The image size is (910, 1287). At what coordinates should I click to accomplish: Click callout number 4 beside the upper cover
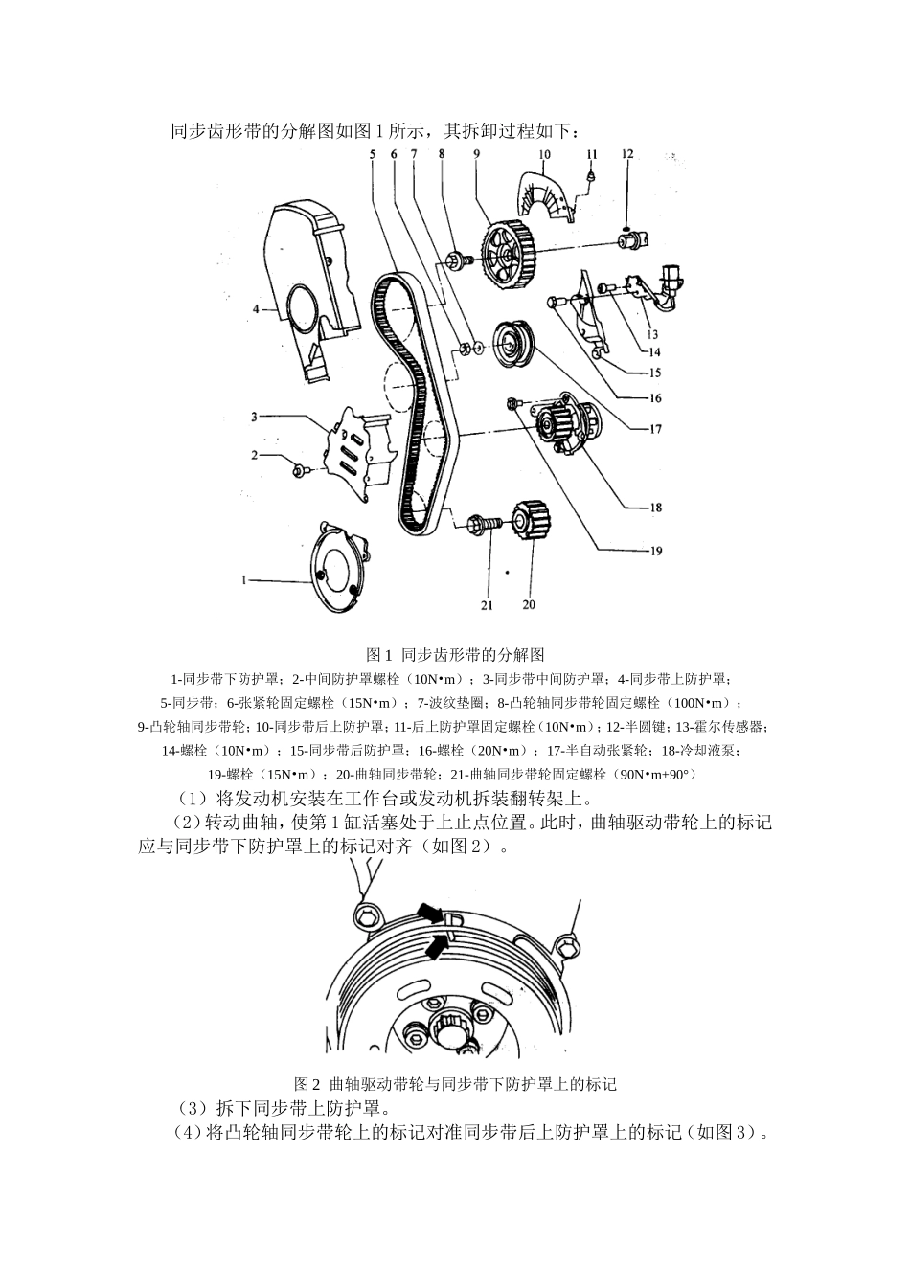[257, 309]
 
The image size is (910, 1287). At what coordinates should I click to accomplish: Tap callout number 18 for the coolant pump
[655, 508]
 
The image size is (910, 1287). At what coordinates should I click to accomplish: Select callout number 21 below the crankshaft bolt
[487, 604]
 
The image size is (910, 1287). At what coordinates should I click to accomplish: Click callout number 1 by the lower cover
[245, 579]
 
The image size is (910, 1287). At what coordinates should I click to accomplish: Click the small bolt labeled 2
[300, 469]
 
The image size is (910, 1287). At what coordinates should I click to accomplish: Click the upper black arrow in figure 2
[429, 912]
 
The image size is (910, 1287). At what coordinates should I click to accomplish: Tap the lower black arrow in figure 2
[436, 947]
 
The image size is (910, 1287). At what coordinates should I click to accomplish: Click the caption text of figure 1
[455, 655]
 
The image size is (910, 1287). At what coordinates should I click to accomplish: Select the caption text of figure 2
[455, 1084]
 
